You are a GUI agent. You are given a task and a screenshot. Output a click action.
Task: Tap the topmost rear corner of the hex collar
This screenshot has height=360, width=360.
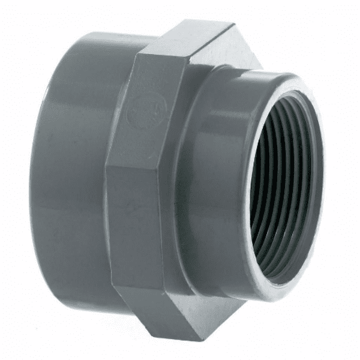coord(232,24)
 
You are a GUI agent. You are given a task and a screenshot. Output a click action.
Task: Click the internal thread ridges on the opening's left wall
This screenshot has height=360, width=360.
coord(264,180)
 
